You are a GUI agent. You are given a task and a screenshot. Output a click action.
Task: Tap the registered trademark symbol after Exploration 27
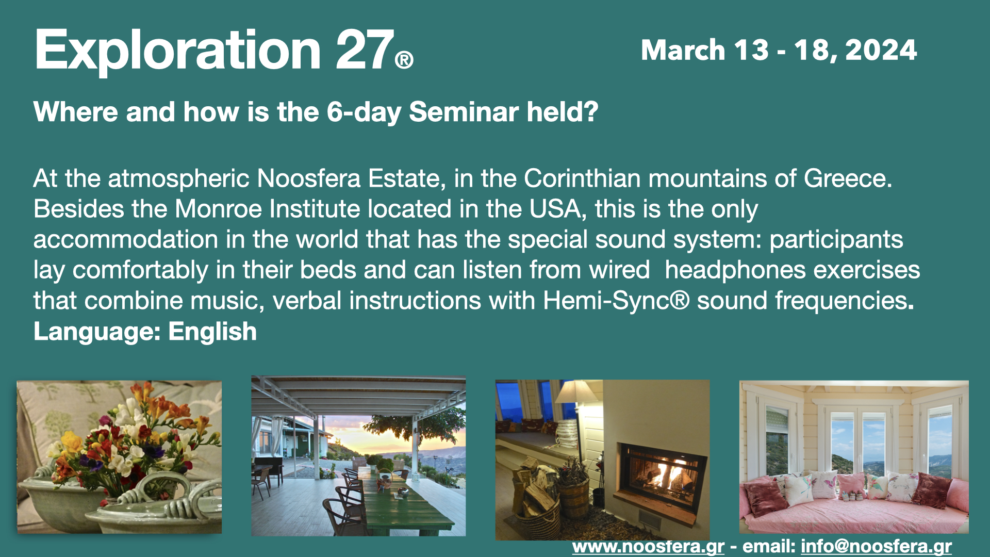click(404, 60)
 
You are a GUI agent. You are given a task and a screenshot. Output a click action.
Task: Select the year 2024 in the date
click(881, 50)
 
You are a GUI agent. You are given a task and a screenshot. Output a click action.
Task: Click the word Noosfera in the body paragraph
click(309, 178)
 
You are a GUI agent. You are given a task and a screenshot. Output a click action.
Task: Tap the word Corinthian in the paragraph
click(582, 178)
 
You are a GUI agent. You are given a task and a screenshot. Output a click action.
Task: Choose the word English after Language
click(212, 332)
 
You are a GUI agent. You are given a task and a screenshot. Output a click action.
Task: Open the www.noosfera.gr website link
click(648, 547)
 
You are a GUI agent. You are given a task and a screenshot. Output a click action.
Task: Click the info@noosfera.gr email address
click(876, 547)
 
